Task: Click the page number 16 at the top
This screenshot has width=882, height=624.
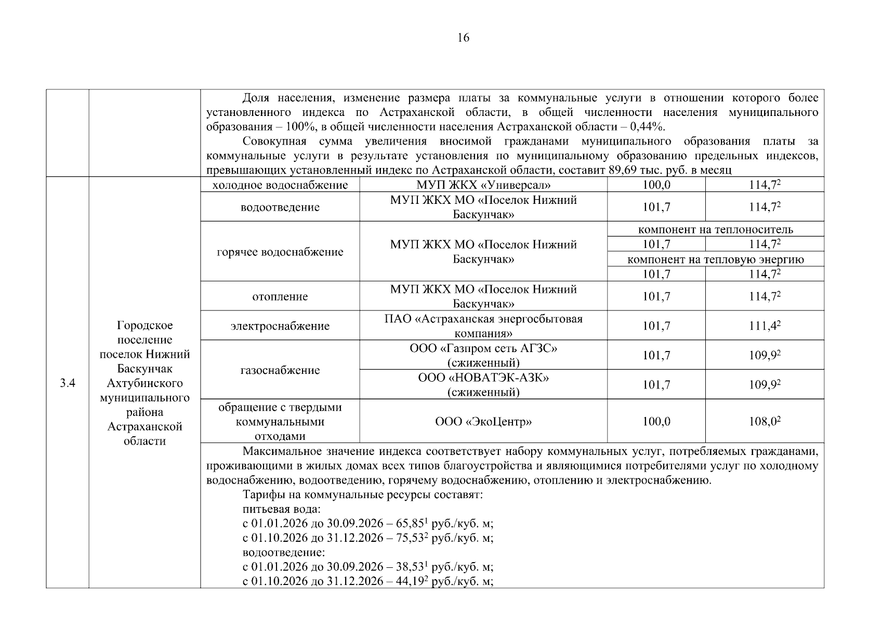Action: coord(463,38)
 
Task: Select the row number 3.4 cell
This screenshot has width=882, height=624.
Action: coord(67,383)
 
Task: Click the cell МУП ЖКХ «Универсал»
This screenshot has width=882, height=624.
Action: coord(483,185)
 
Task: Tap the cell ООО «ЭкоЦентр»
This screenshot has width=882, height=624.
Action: coord(483,422)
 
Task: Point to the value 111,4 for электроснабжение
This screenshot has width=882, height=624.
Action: coord(763,326)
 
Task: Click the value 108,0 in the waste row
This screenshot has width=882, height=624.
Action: coord(763,422)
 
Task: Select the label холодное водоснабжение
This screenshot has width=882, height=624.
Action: coord(280,185)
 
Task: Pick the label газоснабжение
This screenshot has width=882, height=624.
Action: coord(280,370)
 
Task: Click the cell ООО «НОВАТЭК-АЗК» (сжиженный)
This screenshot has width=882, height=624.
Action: coord(483,385)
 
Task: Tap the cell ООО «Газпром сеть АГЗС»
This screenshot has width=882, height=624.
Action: coord(483,355)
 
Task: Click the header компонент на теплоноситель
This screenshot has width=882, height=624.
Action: coord(715,229)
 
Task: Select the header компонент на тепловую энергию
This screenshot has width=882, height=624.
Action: coord(715,259)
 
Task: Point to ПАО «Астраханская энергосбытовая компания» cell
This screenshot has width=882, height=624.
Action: coord(483,326)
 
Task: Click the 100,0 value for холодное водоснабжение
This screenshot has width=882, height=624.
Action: coord(656,185)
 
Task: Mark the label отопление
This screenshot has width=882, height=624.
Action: coord(280,296)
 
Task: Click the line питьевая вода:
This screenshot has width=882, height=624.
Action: coord(281,509)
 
